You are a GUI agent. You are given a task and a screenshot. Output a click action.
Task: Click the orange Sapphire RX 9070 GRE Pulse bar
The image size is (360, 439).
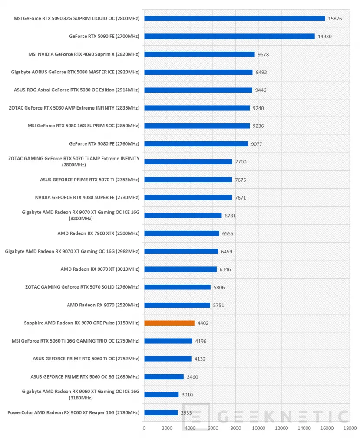pos(169,323)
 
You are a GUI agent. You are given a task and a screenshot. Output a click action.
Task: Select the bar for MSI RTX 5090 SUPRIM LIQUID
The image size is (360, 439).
pos(234,19)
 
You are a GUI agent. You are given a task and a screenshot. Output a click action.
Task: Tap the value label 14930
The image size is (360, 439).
pos(325,37)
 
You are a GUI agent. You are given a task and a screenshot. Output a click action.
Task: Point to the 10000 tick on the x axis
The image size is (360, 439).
pos(258,428)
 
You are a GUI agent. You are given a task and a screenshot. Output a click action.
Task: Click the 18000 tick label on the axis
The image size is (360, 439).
pos(350,428)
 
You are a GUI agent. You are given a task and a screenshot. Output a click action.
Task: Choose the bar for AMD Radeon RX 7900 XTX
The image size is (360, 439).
pos(182,233)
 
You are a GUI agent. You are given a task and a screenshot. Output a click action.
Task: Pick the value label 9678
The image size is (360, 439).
pos(263,54)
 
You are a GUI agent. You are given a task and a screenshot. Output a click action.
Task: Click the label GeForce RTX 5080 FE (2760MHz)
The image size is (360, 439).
pos(104,143)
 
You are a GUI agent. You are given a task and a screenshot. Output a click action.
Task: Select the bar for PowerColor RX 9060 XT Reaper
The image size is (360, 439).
pos(161,412)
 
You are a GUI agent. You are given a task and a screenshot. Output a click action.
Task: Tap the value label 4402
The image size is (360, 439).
pos(203,323)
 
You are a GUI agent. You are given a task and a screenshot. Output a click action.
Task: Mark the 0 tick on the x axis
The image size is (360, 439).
pos(144,428)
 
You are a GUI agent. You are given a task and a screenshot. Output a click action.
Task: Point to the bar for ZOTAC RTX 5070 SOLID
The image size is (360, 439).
pos(177,287)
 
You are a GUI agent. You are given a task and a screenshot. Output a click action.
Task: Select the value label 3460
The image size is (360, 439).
pos(192,377)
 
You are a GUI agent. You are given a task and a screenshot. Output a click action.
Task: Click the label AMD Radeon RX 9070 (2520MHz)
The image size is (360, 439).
pos(103,305)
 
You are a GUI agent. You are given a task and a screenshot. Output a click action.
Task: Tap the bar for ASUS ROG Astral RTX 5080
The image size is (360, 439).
pos(198,90)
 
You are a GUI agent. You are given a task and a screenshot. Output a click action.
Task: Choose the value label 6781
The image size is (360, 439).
pos(230,216)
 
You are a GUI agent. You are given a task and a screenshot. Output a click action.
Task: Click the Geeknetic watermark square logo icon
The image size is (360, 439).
pos(196,416)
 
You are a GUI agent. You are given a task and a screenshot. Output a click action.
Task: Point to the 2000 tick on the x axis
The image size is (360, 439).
pos(167,428)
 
